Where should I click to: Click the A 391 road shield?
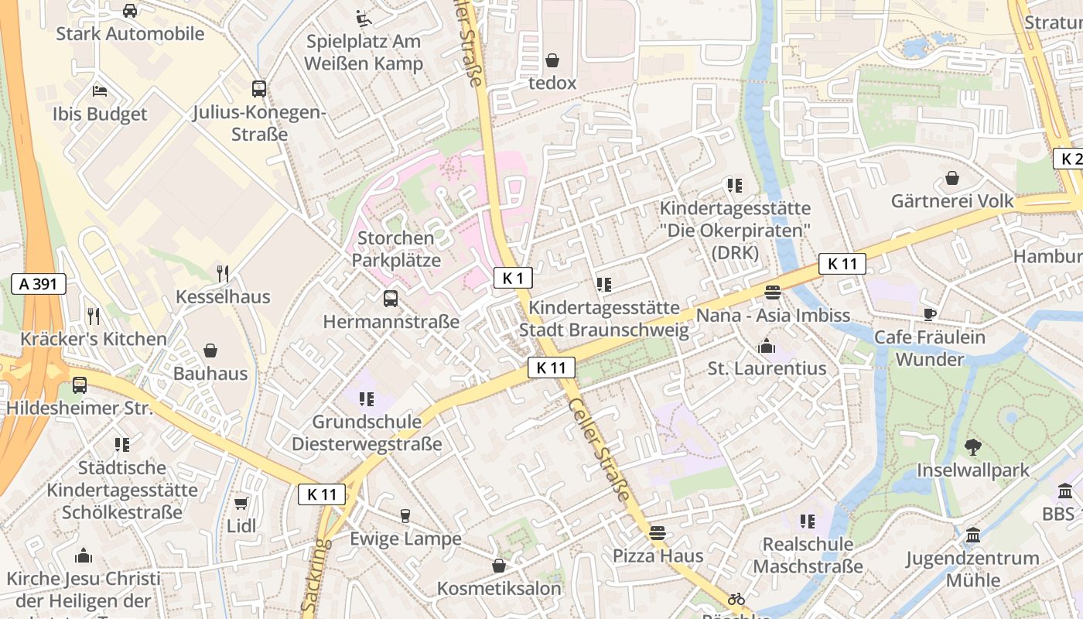pyautogui.click(x=39, y=284)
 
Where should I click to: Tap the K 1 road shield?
pyautogui.click(x=513, y=278)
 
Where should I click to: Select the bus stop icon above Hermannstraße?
pyautogui.click(x=391, y=298)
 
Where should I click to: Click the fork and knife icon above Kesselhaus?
pyautogui.click(x=223, y=273)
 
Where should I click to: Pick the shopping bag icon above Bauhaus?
pyautogui.click(x=210, y=351)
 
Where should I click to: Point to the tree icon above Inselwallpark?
pyautogui.click(x=973, y=446)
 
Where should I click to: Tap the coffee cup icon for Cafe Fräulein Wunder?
pyautogui.click(x=930, y=313)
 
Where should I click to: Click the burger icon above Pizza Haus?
pyautogui.click(x=658, y=532)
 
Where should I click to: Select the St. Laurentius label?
pyautogui.click(x=767, y=368)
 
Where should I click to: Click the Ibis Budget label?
pyautogui.click(x=100, y=115)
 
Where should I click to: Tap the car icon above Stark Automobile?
pyautogui.click(x=130, y=11)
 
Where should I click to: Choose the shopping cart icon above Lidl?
pyautogui.click(x=241, y=504)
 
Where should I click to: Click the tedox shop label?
pyautogui.click(x=552, y=83)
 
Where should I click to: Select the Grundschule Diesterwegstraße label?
pyautogui.click(x=367, y=433)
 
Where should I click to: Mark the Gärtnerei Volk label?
pyautogui.click(x=951, y=201)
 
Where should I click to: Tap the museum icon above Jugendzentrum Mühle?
pyautogui.click(x=973, y=535)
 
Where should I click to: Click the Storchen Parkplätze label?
pyautogui.click(x=396, y=248)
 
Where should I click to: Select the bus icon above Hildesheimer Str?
pyautogui.click(x=80, y=385)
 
